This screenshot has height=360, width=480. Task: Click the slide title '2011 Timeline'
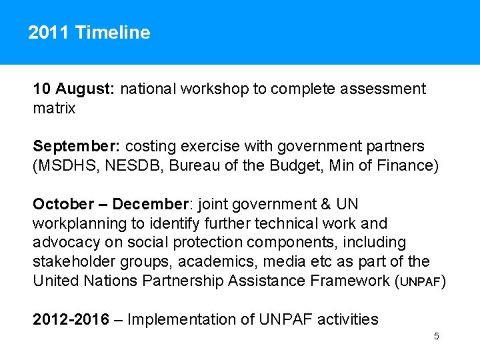click(x=89, y=33)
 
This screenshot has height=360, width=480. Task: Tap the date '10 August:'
click(x=75, y=89)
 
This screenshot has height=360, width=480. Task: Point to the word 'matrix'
click(x=54, y=108)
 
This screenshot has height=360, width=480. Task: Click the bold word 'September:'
click(x=76, y=146)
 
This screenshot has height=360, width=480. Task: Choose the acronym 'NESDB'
click(x=129, y=165)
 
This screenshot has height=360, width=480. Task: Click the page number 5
click(x=436, y=337)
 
